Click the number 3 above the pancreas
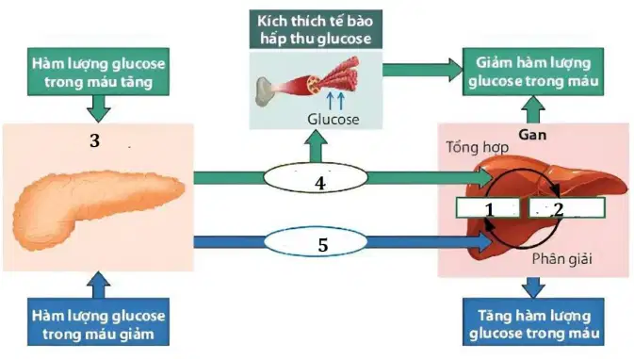[x=94, y=140]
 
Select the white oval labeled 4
[x=316, y=177]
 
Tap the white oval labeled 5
[x=316, y=242]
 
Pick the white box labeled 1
[x=488, y=208]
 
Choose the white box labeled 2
[x=567, y=208]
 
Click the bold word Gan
[x=532, y=135]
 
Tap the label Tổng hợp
[x=477, y=147]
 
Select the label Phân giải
[x=562, y=259]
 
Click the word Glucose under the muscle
[x=333, y=120]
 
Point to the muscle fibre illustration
[x=308, y=82]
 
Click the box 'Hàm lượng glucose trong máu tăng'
[x=98, y=72]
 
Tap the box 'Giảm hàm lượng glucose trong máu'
[x=533, y=72]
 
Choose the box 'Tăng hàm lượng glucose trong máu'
[x=533, y=322]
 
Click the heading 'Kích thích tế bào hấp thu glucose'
[x=316, y=29]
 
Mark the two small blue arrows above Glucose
[x=335, y=100]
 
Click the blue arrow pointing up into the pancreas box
[x=98, y=285]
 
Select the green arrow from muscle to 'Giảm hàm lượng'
[x=423, y=70]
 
